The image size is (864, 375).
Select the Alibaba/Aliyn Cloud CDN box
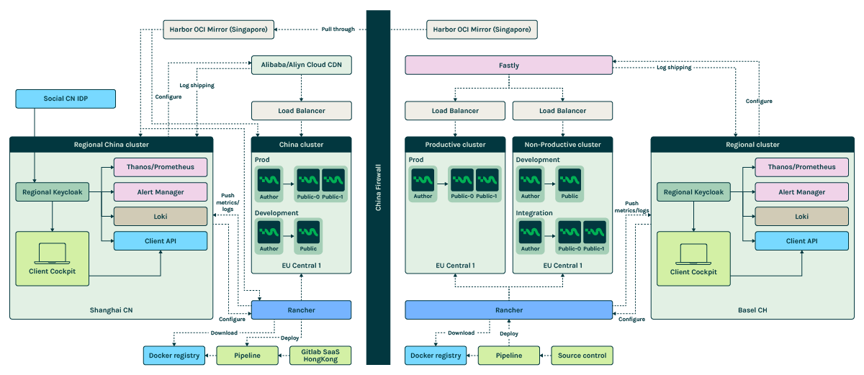[x=301, y=65]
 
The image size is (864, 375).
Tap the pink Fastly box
[x=508, y=65]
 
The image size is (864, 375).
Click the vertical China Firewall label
[x=378, y=187]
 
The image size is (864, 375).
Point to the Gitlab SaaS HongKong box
[x=320, y=355]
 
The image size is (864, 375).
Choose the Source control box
[x=582, y=355]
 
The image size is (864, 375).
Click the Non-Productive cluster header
[x=562, y=144]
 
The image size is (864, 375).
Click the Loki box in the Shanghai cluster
[x=161, y=216]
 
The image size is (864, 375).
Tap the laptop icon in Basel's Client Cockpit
[x=692, y=251]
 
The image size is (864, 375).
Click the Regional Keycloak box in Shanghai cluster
[x=53, y=192]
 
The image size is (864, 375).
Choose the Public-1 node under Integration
[x=595, y=235]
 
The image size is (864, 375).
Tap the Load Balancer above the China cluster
[x=301, y=110]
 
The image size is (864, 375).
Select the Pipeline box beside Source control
[x=508, y=355]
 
